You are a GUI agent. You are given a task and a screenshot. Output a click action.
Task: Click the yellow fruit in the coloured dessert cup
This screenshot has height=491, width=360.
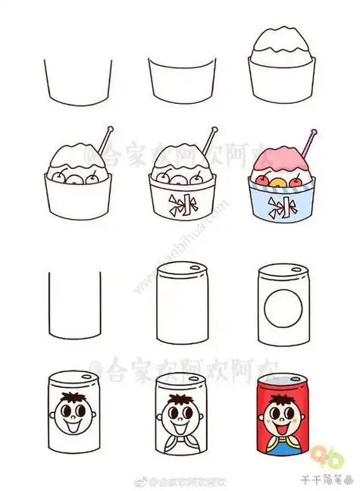point(277,183)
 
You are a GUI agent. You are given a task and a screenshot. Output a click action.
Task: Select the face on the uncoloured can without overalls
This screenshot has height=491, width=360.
point(74,414)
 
